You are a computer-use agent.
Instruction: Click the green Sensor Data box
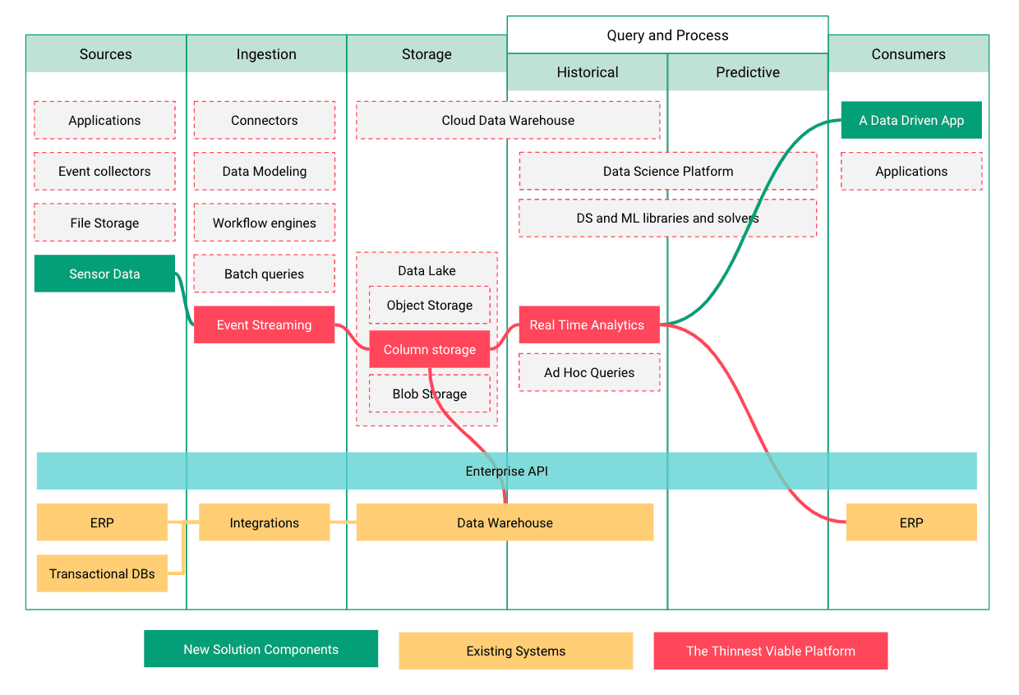point(104,274)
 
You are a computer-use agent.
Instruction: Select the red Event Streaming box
point(264,324)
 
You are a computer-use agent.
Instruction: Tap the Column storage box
point(429,349)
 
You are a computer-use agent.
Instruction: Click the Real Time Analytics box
point(588,324)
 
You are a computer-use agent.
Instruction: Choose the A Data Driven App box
point(911,120)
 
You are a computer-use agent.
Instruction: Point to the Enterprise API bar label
point(506,471)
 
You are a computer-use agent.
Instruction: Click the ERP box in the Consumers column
point(911,522)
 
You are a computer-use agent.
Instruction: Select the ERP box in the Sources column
point(102,522)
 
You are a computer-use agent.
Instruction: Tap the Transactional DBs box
point(102,573)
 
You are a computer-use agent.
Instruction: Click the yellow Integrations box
point(264,522)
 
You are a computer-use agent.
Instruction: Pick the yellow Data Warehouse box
point(505,522)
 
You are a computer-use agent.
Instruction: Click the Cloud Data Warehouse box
point(508,120)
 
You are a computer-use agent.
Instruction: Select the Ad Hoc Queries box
point(589,372)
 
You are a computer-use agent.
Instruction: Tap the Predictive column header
point(747,72)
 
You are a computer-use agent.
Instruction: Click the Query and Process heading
point(667,35)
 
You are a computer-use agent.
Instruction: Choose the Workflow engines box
point(264,223)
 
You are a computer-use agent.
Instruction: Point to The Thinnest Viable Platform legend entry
point(770,651)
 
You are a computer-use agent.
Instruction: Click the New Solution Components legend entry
point(261,649)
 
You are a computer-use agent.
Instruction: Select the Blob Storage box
point(429,394)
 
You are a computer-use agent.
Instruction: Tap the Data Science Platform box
point(667,171)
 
